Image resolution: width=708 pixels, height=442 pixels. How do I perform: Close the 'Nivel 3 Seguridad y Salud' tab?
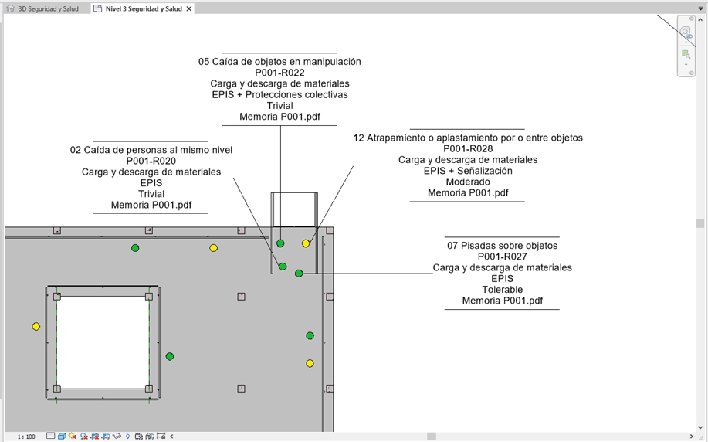coord(189,8)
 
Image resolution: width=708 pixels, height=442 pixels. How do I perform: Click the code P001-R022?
coord(279,73)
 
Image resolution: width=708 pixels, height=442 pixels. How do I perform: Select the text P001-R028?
coord(468,148)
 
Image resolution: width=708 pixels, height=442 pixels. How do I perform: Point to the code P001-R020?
coord(151,161)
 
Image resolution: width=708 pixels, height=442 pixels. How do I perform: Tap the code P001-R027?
coord(502,257)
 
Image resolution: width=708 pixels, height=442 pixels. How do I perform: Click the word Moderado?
coord(468,182)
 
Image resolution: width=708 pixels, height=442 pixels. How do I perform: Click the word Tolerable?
coord(502,290)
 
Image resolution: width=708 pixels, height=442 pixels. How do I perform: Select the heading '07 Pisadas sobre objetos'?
coord(502,246)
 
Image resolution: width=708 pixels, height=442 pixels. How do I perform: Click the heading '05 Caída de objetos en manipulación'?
coord(279,62)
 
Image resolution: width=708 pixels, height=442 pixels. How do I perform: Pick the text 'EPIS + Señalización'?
coord(468,171)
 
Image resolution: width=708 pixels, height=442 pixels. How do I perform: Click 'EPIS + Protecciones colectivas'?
coord(279,95)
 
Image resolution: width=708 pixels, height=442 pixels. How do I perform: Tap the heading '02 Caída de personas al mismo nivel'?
coord(151,150)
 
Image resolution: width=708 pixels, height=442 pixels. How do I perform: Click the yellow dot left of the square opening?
coord(36,326)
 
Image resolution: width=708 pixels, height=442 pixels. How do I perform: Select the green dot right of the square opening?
coord(170,356)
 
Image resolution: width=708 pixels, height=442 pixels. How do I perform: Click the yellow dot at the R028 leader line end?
coord(306,243)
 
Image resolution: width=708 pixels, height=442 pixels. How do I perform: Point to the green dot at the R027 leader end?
coord(299,274)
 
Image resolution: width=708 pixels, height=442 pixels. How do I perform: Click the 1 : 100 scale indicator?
coord(26,437)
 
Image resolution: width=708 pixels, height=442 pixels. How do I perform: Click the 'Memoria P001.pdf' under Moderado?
coord(468,193)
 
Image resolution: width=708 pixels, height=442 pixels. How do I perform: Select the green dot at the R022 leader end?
coord(280,243)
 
